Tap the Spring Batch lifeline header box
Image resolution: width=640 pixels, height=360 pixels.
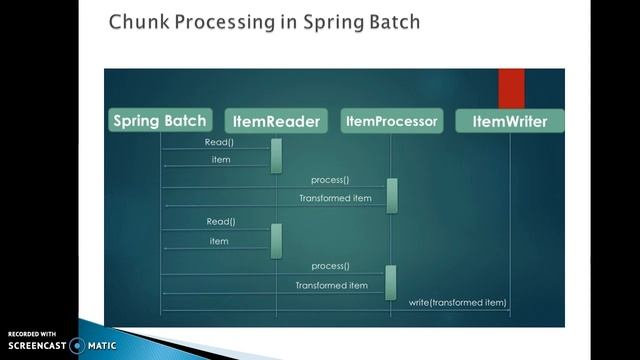click(161, 121)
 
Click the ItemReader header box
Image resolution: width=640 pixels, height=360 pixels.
click(275, 122)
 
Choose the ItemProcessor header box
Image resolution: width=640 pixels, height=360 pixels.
click(391, 121)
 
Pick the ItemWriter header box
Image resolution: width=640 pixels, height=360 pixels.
click(509, 122)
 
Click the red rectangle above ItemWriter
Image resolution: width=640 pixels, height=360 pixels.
click(511, 88)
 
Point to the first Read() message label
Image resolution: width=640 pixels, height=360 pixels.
click(220, 143)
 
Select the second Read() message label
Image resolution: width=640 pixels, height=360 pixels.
click(220, 221)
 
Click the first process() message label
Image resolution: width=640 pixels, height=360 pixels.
click(330, 180)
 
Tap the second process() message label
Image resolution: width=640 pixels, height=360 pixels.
click(330, 266)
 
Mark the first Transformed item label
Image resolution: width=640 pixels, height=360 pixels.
click(335, 198)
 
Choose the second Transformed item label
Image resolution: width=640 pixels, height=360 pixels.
click(331, 285)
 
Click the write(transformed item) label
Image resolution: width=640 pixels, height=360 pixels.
click(458, 302)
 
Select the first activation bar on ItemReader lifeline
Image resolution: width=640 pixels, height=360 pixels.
click(276, 155)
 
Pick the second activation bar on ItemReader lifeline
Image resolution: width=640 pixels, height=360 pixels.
click(276, 240)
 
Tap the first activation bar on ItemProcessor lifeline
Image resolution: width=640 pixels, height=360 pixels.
click(392, 195)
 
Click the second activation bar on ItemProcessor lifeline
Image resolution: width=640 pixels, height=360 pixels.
click(391, 282)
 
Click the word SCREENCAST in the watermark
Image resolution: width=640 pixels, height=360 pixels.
click(35, 345)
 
